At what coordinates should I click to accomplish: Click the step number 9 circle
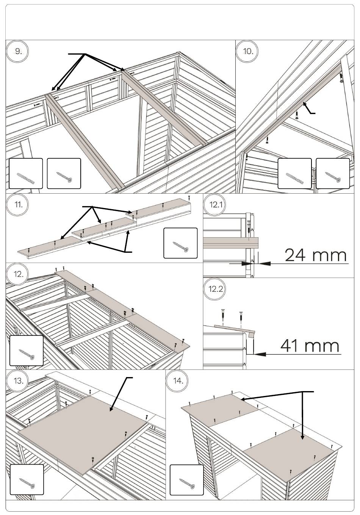pyautogui.click(x=18, y=52)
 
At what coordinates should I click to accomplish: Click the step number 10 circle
pyautogui.click(x=248, y=52)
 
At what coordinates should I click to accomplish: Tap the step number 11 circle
pyautogui.click(x=18, y=205)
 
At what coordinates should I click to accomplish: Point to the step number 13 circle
pyautogui.click(x=18, y=381)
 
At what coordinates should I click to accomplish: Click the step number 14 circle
pyautogui.click(x=178, y=381)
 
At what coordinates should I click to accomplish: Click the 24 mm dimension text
pyautogui.click(x=315, y=255)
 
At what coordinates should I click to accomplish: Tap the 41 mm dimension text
pyautogui.click(x=310, y=346)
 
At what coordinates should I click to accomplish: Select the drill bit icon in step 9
pyautogui.click(x=26, y=174)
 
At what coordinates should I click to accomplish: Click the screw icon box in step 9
pyautogui.click(x=64, y=174)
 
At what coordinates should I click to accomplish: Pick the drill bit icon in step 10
pyautogui.click(x=294, y=174)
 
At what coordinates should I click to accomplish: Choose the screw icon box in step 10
pyautogui.click(x=332, y=174)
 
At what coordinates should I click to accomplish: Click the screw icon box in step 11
pyautogui.click(x=180, y=243)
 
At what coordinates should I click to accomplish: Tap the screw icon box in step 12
pyautogui.click(x=26, y=351)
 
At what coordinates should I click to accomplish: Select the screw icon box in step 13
pyautogui.click(x=26, y=479)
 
